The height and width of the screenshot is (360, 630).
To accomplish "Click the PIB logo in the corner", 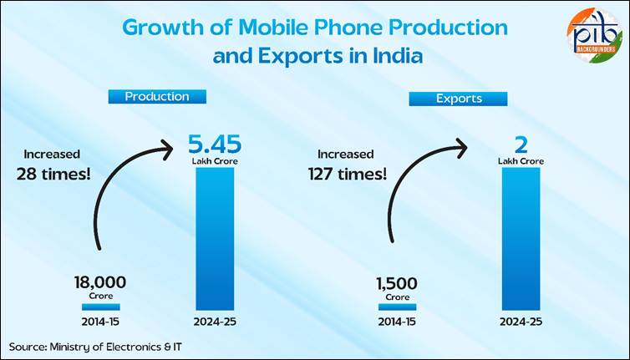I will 593,35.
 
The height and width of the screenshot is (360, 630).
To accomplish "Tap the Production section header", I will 157,96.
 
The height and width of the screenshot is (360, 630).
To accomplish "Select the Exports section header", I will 459,99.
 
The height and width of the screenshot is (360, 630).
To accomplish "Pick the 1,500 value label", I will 397,282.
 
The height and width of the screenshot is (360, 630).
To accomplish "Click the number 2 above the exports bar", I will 521,145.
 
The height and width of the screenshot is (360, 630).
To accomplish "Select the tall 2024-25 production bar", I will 214,238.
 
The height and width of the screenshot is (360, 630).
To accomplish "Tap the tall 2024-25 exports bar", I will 521,238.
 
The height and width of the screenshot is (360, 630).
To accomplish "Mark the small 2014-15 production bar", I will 100,307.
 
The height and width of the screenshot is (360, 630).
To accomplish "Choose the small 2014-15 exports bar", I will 397,307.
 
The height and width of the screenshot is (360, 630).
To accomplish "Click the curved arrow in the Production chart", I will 125,188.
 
